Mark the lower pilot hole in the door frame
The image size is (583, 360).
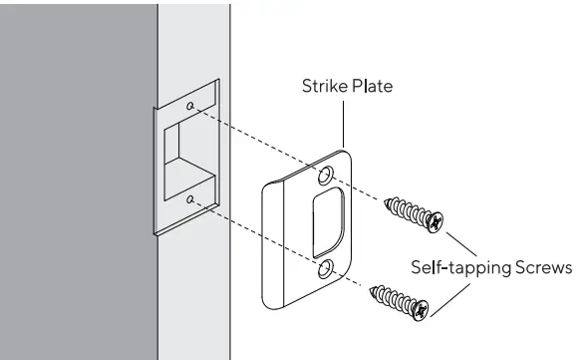(x=189, y=200)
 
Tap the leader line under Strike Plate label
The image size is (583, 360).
(x=344, y=124)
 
